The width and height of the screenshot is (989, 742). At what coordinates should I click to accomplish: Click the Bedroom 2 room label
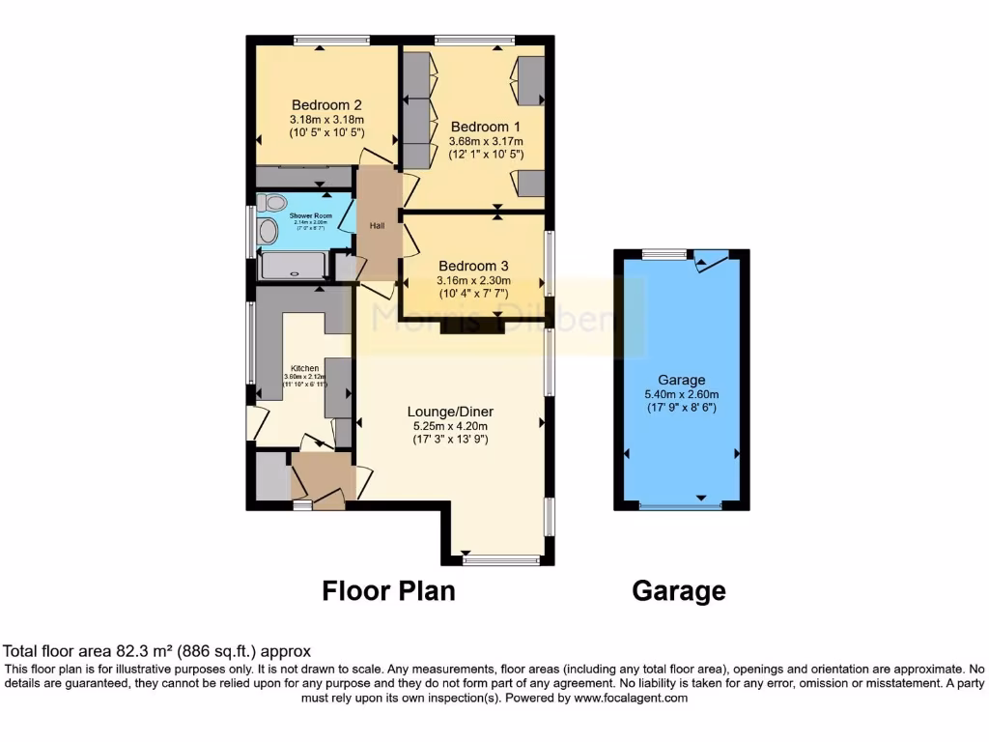[326, 105]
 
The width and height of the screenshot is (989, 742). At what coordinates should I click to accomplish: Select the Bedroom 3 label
[473, 266]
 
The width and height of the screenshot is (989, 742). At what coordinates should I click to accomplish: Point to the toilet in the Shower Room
[269, 203]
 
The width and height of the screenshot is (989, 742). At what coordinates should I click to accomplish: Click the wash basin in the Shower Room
[267, 230]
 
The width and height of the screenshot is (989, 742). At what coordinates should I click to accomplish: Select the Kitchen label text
[304, 368]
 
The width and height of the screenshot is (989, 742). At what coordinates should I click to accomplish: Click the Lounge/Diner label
[449, 412]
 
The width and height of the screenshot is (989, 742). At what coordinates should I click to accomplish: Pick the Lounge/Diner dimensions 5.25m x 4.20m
[449, 426]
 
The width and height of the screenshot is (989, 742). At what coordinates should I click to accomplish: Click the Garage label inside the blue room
[682, 380]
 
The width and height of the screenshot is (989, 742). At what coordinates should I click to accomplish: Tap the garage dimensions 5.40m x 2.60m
[682, 394]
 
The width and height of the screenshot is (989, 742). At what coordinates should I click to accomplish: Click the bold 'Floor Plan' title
[388, 590]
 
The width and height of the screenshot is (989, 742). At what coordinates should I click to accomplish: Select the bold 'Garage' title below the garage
[678, 590]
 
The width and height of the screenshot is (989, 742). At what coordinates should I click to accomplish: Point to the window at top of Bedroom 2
[331, 41]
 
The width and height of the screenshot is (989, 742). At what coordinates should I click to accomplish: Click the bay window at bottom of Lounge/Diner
[500, 559]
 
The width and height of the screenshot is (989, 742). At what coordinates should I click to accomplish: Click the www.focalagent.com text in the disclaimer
[628, 698]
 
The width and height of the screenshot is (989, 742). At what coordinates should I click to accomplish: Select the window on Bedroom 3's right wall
[549, 262]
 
